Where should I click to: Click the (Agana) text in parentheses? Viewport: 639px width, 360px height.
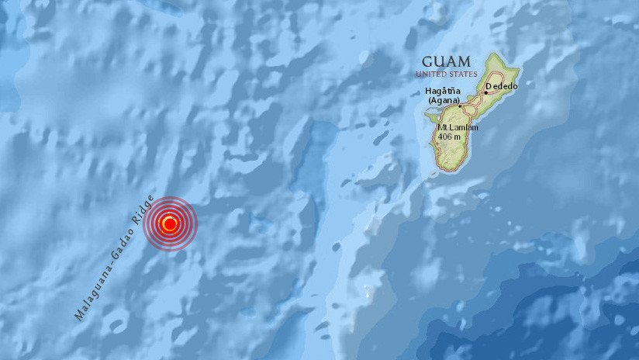click(443, 101)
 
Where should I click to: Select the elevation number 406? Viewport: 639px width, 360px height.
click(445, 136)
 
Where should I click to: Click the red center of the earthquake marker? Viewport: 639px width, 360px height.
click(170, 224)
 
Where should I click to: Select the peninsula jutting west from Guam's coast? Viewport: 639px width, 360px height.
click(428, 116)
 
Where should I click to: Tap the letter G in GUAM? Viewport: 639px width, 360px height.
click(426, 61)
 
